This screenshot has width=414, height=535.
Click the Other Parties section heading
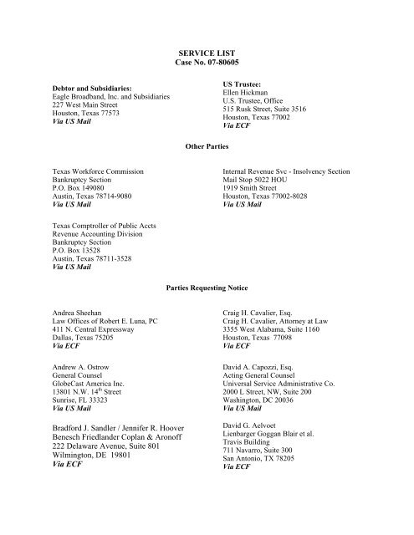pos(207,145)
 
